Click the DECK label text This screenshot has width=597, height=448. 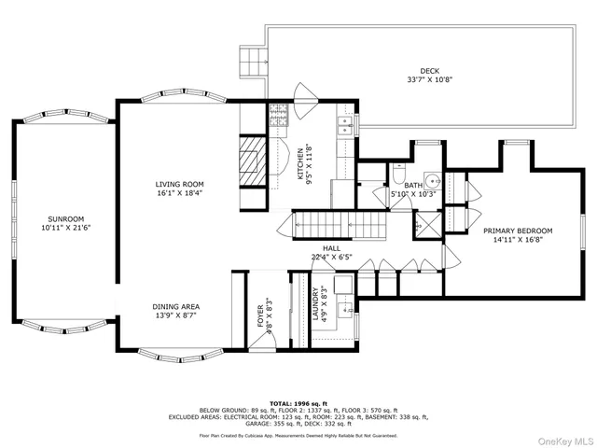[x=429, y=71]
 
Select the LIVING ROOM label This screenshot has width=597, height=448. [x=179, y=185]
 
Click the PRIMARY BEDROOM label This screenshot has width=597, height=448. [x=518, y=231]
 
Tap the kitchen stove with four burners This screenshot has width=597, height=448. [x=278, y=116]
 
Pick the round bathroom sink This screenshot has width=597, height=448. [x=432, y=181]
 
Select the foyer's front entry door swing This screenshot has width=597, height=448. [x=268, y=337]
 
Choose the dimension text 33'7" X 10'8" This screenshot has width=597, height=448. [x=429, y=80]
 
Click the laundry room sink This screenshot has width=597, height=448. [x=341, y=285]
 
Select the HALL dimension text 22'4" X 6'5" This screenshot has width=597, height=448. [x=332, y=258]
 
